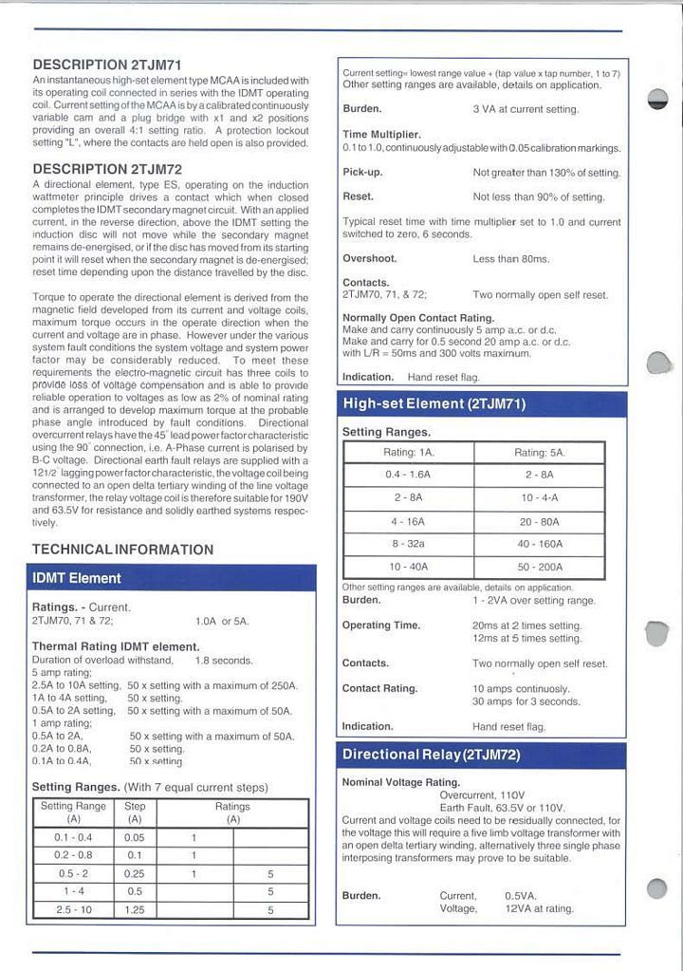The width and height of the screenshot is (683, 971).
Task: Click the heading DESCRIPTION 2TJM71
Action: coord(106,65)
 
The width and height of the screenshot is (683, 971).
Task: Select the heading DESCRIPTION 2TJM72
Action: coord(106,169)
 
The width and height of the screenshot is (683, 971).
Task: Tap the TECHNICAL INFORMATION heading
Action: coord(122,550)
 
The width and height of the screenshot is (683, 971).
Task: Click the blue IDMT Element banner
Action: coord(171,578)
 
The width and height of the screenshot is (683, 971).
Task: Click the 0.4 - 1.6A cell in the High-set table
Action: coord(408,474)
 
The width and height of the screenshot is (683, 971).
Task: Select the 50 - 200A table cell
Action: coord(539,567)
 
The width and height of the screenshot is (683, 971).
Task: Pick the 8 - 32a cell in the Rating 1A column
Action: coord(408,544)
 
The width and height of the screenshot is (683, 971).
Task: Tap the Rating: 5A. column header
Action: coord(539,452)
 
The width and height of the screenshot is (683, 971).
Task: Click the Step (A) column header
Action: coord(135,812)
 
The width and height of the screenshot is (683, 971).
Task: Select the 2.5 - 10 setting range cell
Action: coord(73,909)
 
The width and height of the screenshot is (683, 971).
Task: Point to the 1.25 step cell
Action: coord(135,909)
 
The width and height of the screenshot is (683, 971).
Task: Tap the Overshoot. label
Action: coord(369,258)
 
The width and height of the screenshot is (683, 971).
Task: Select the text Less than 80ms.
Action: coord(510,258)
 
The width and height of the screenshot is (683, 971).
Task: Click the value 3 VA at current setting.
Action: coord(525,109)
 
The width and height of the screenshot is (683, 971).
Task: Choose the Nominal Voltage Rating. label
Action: coord(400,783)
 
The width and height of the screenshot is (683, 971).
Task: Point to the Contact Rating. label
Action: coord(379,688)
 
